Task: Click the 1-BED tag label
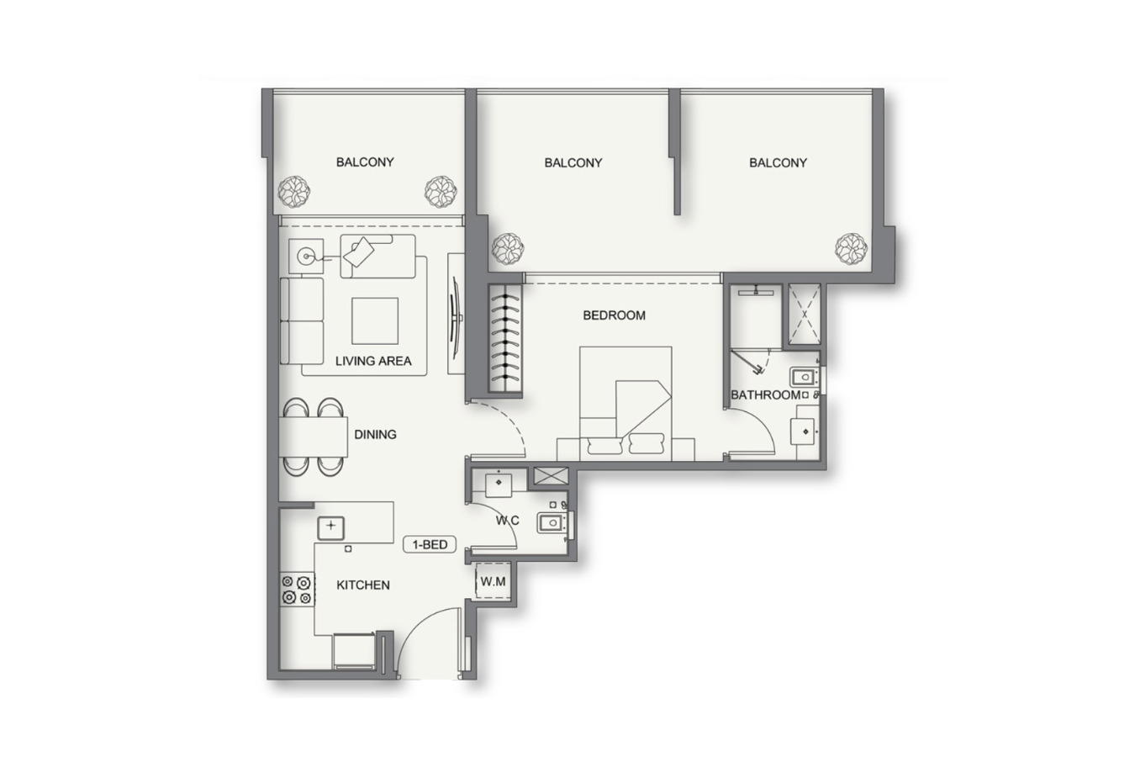430,545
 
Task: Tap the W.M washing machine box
493,581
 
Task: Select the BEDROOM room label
615,315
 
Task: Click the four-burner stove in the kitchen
298,590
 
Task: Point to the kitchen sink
330,528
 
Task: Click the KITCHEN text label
363,585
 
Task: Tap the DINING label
375,435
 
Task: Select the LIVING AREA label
373,362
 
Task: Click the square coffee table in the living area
375,321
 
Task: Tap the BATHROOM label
765,395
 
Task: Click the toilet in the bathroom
804,377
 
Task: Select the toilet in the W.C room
552,522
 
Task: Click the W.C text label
508,521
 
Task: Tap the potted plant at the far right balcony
851,249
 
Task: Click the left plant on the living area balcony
293,192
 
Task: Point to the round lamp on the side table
306,256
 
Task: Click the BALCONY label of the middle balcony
573,163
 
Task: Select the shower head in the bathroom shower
756,291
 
